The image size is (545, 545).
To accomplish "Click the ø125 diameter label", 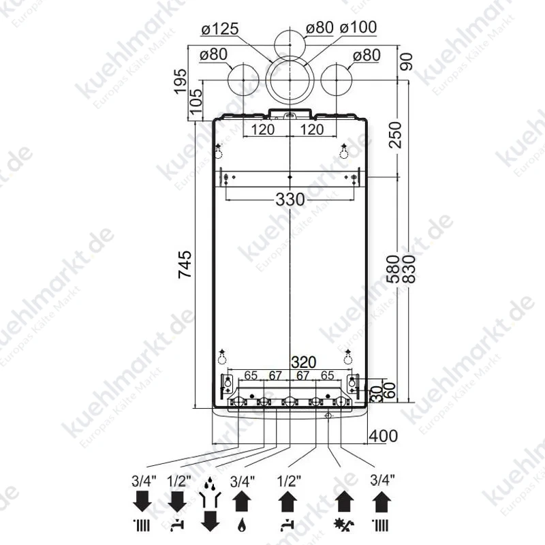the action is (220, 29).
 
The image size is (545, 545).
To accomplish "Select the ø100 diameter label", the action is (358, 27).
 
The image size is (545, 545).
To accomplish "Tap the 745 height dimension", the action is (185, 264).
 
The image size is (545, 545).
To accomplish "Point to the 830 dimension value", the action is (409, 269).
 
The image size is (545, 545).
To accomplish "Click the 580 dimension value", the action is (393, 269).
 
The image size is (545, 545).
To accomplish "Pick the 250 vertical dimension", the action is (395, 135).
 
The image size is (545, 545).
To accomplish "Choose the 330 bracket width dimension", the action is (290, 200).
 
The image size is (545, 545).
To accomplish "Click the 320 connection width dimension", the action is (304, 362).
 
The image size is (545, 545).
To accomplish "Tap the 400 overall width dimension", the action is (383, 436).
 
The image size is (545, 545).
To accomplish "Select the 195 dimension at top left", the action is (181, 81).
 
